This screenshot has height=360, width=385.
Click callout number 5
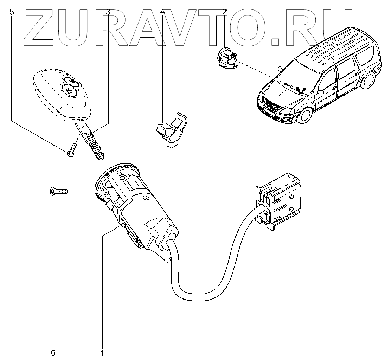click(x=12, y=12)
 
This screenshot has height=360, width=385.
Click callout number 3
click(x=108, y=12)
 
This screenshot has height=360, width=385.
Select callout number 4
click(x=162, y=12)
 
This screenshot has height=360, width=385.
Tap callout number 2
click(x=224, y=12)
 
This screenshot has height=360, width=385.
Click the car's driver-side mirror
click(x=320, y=92)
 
